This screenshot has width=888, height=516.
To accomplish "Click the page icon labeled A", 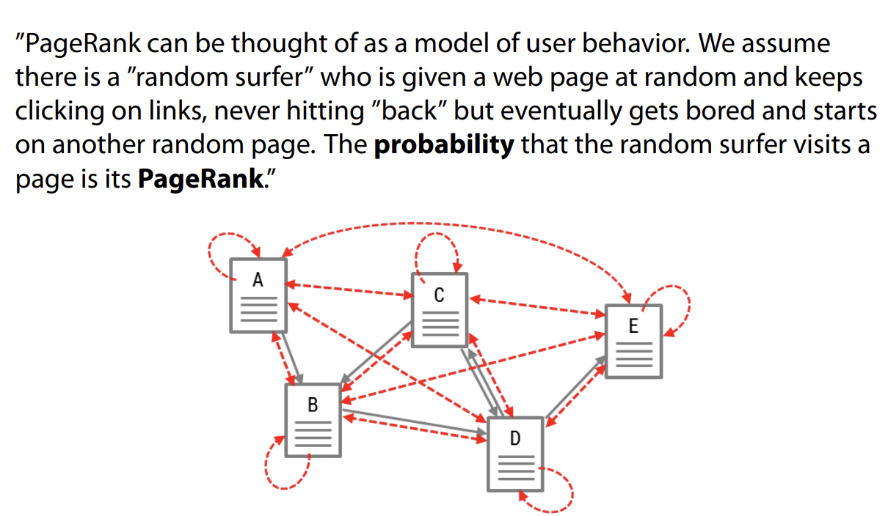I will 258,295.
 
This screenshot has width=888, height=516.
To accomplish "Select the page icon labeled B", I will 313,419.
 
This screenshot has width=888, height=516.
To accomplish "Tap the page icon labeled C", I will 439,309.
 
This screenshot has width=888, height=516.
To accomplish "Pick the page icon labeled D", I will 515,453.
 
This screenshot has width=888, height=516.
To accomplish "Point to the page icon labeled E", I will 633,341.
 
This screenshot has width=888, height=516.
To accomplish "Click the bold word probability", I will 443,144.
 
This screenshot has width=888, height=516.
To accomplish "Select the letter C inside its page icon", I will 439,295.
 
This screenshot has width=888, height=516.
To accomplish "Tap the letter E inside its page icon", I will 633,326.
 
